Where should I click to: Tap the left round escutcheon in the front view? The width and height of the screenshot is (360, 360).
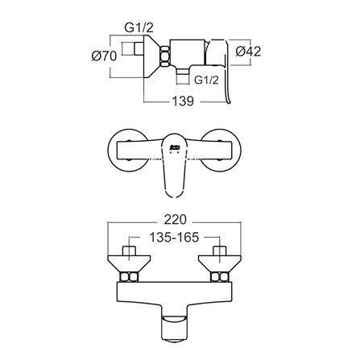click(x=126, y=150)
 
